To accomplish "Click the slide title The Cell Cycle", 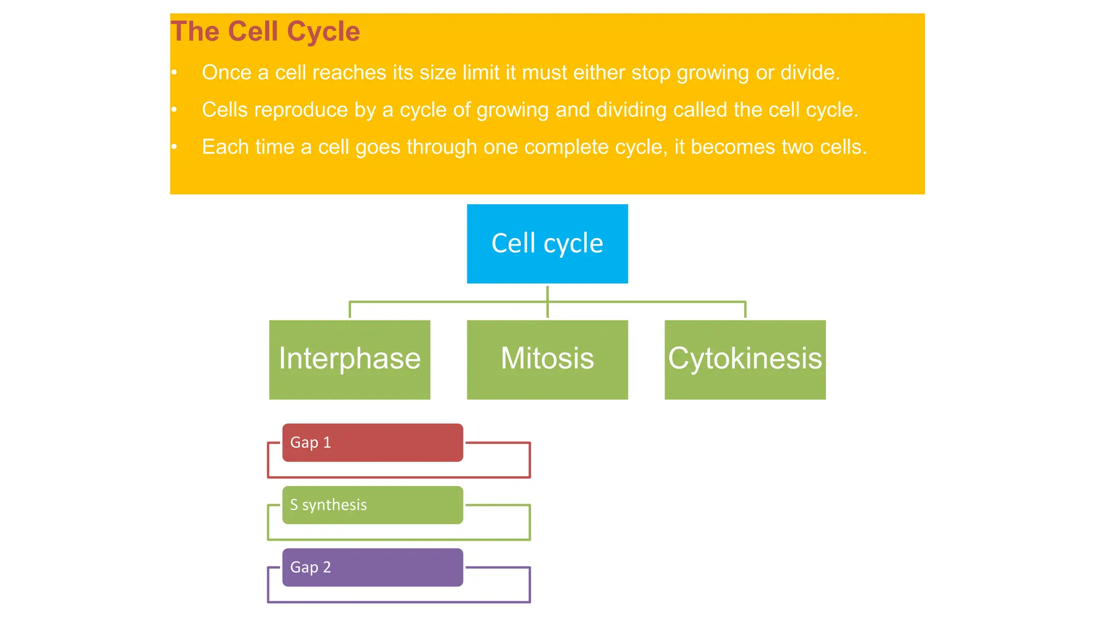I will (x=265, y=31).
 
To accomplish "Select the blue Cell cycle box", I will (x=547, y=244).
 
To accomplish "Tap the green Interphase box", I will (x=349, y=359).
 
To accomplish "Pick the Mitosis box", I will (x=547, y=359).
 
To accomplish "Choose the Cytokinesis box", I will (x=745, y=359).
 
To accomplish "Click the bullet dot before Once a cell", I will (x=174, y=72).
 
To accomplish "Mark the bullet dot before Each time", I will (x=174, y=146).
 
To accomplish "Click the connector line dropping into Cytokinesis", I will (x=745, y=310).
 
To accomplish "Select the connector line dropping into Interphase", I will (x=350, y=310).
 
